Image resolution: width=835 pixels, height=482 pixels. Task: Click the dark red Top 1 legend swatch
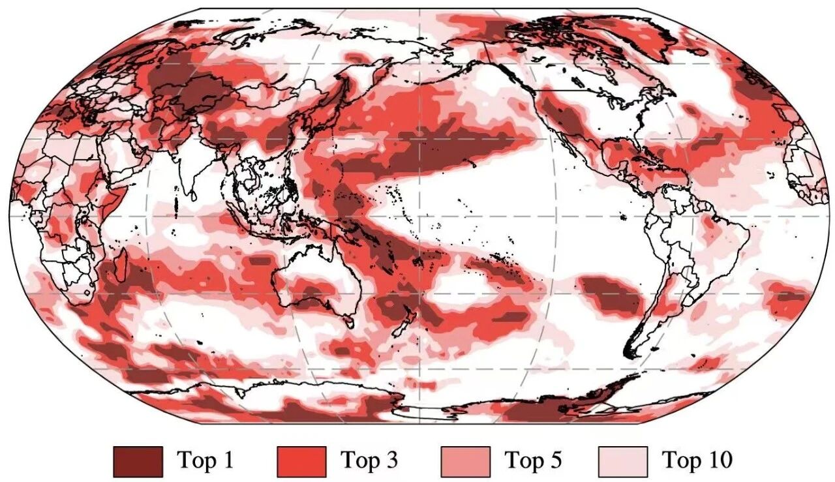click(138, 461)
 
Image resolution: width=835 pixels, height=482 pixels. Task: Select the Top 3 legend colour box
click(301, 461)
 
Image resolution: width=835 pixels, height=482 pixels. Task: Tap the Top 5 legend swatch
click(465, 461)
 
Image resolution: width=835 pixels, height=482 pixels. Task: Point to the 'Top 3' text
click(369, 461)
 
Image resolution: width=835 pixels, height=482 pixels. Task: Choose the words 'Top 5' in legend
click(532, 461)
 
